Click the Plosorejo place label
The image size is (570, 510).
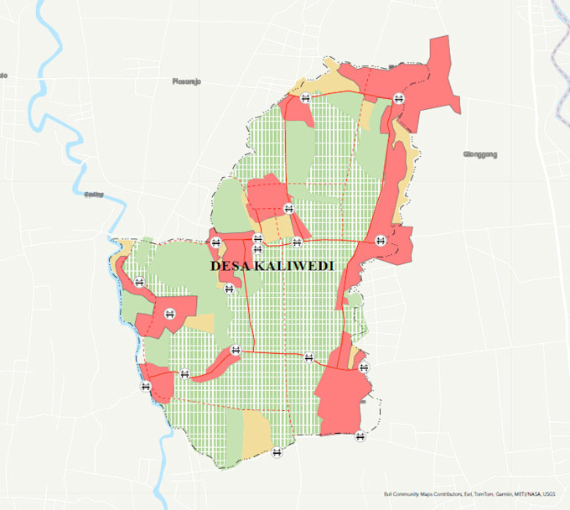coord(186,82)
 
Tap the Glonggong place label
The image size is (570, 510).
coord(480,154)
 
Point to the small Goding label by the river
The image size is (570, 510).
coord(94,195)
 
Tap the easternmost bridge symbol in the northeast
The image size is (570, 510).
coord(398,97)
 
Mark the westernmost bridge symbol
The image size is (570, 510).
coord(138,282)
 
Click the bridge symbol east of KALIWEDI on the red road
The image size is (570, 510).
coord(381,240)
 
